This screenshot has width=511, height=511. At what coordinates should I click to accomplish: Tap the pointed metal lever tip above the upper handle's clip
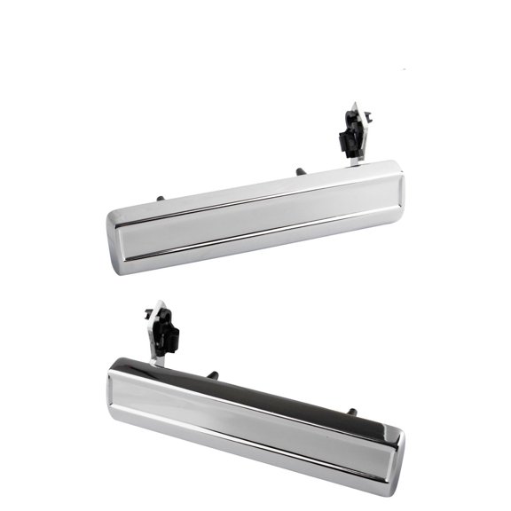click(351, 106)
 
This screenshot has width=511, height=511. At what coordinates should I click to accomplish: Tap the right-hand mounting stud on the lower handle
click(352, 412)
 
